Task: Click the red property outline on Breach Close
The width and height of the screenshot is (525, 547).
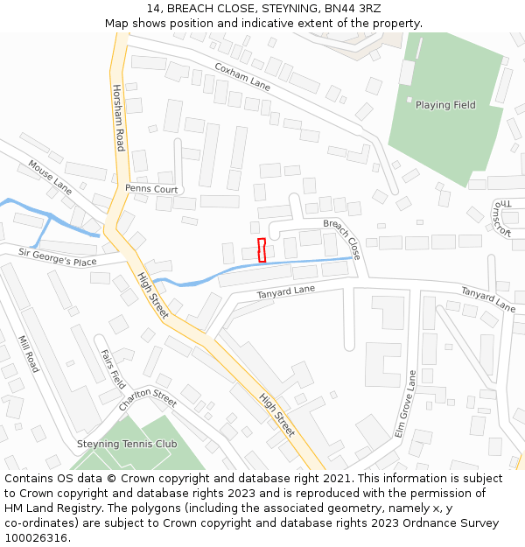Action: [x=262, y=249]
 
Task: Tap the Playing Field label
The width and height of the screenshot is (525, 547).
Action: [x=445, y=105]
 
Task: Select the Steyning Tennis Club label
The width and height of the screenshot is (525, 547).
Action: [x=127, y=445]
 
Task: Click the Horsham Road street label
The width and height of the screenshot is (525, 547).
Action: [x=118, y=117]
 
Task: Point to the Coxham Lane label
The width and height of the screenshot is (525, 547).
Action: [x=242, y=76]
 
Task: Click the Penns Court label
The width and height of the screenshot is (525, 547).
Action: [x=151, y=189]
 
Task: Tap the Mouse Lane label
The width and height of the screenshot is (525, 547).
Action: [x=50, y=176]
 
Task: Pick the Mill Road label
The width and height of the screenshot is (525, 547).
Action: [x=29, y=354]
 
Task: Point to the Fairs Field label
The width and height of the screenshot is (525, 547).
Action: [x=113, y=368]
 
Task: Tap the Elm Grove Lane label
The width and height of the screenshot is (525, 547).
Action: [x=404, y=404]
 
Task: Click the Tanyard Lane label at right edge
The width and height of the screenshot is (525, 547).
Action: [x=487, y=299]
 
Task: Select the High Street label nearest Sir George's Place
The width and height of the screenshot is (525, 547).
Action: [x=152, y=294]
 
